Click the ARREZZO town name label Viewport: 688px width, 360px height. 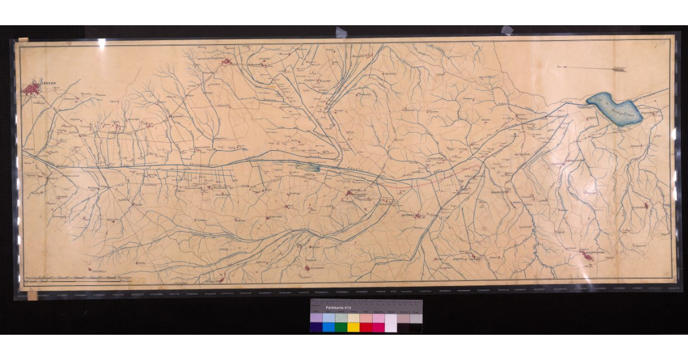tap(45, 84)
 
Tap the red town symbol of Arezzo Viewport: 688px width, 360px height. tap(33, 89)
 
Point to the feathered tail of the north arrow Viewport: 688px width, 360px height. tap(619, 69)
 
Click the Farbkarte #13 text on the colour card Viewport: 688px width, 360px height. tap(338, 308)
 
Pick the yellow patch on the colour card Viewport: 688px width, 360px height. tap(353, 327)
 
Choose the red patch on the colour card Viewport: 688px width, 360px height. tap(366, 327)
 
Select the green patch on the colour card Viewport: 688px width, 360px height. tap(341, 327)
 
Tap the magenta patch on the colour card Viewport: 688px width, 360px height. tap(378, 327)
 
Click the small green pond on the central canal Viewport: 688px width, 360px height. tap(312, 168)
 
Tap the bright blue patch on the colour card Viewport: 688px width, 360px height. tap(328, 327)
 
